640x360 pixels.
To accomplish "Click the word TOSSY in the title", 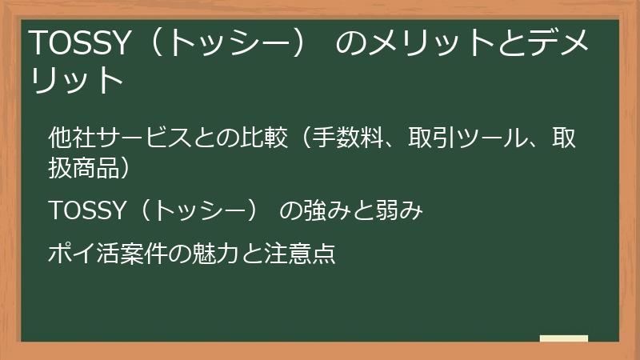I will (78, 44).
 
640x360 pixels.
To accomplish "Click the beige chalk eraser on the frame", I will (563, 339).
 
